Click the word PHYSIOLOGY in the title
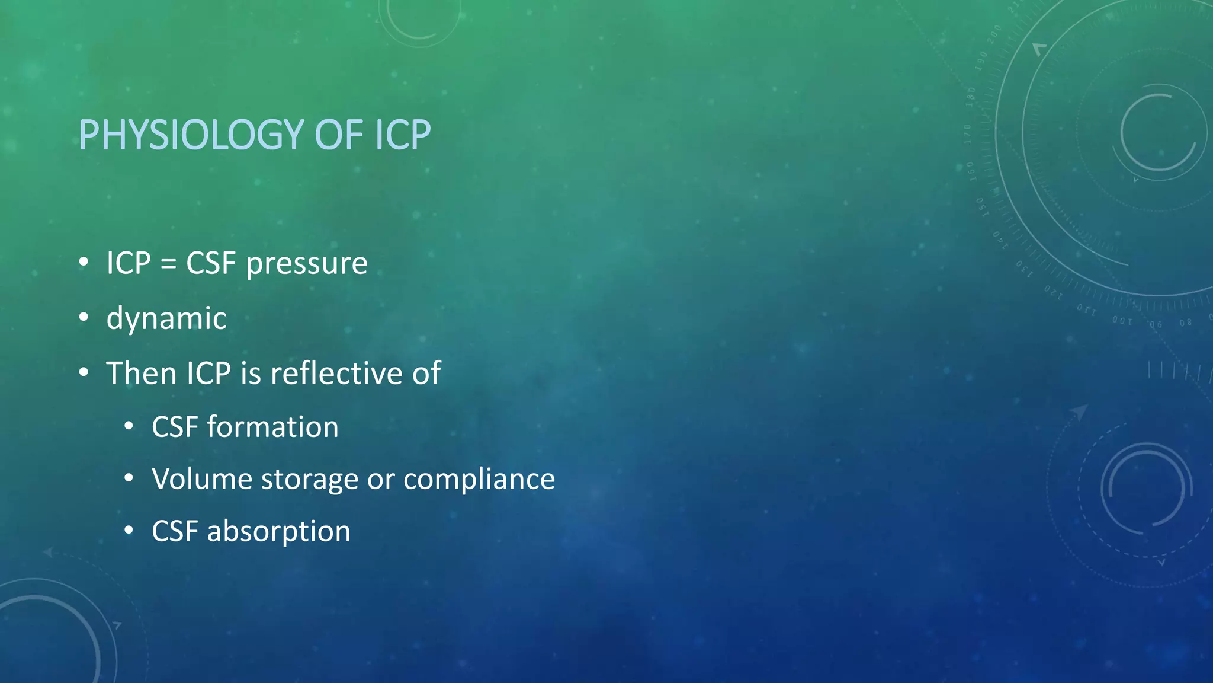tap(191, 135)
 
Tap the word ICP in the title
tap(403, 135)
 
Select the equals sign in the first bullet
tap(168, 264)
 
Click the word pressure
tap(306, 264)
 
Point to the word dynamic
tap(166, 318)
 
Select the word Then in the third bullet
tap(142, 374)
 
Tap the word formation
tap(272, 427)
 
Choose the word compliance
tap(479, 479)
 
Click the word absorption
tap(278, 531)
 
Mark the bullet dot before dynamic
tap(84, 317)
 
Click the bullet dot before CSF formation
tap(129, 426)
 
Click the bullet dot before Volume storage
tap(129, 478)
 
